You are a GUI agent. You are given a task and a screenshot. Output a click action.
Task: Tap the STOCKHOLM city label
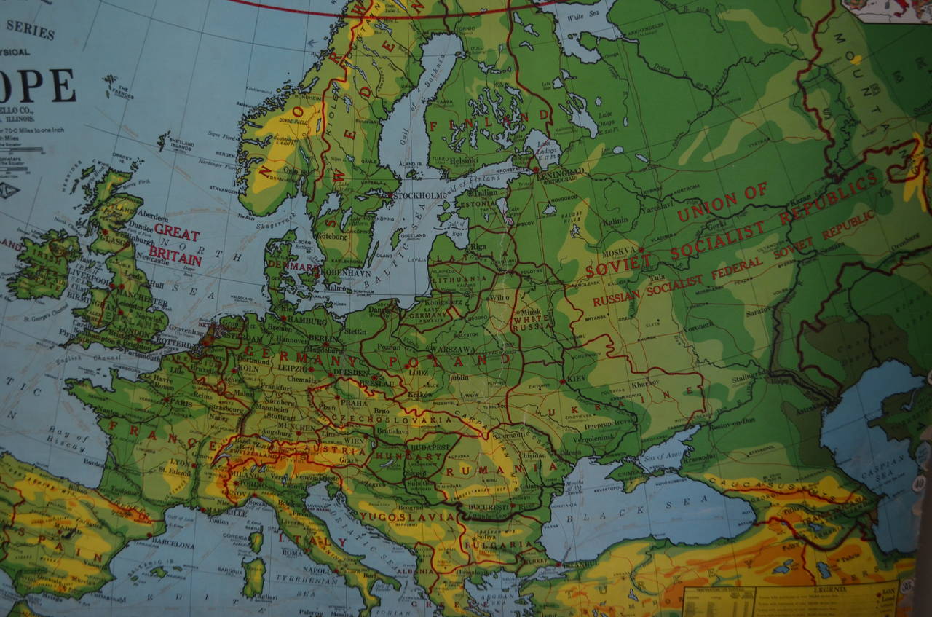[x=419, y=195]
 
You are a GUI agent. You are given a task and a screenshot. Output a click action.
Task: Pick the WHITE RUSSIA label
[x=532, y=323]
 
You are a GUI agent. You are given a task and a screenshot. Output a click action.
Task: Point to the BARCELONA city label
[x=173, y=543]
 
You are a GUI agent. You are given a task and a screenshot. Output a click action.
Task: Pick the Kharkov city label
[x=644, y=382]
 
